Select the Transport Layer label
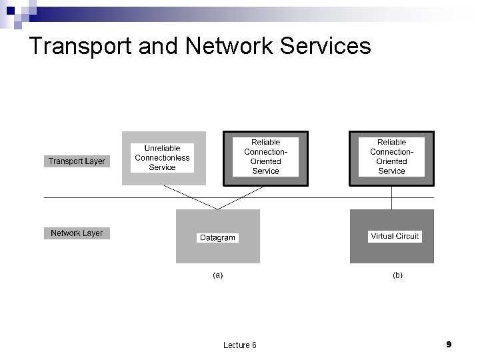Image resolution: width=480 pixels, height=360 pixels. point(77,161)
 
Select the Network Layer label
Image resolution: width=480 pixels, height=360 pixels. point(77,233)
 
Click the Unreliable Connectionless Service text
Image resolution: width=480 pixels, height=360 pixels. point(162,157)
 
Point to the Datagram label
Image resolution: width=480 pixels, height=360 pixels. point(217,237)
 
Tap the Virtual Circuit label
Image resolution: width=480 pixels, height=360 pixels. point(395,236)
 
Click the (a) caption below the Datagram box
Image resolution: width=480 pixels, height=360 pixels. point(217,274)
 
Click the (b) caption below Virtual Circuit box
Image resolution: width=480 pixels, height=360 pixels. point(397,274)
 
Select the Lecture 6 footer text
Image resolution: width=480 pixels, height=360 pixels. point(240,345)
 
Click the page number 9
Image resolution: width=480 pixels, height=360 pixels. point(449,344)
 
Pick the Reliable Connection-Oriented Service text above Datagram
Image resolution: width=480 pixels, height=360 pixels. point(265,157)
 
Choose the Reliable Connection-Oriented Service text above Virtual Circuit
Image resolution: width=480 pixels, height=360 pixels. point(391,157)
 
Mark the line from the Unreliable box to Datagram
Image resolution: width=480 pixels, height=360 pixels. point(187,197)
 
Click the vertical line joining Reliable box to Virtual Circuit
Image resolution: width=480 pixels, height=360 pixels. point(392,197)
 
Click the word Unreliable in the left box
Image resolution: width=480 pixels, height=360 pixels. point(162,148)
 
